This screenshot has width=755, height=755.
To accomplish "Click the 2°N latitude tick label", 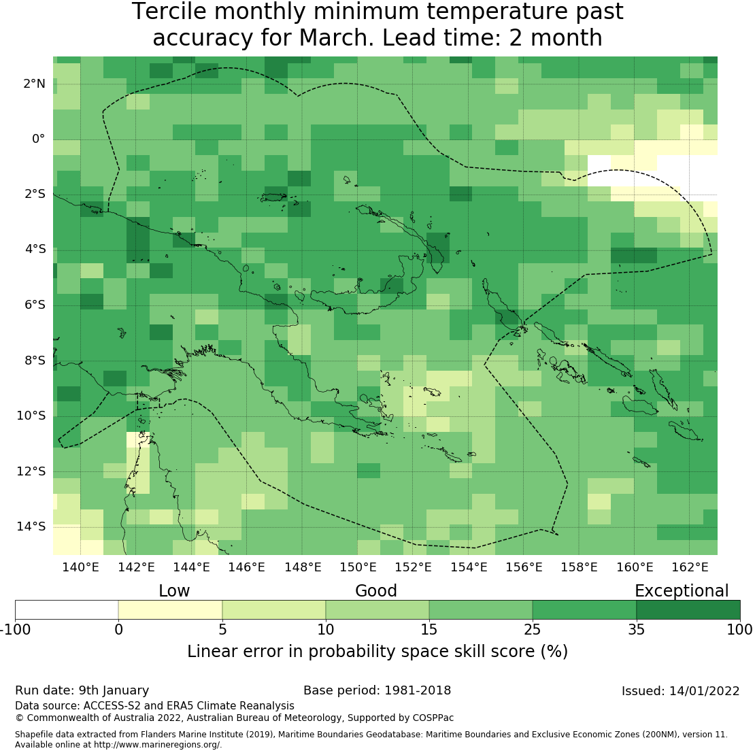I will tap(34, 84).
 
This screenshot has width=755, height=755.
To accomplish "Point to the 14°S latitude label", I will tap(31, 526).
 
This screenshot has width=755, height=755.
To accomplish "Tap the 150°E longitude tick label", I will tap(358, 567).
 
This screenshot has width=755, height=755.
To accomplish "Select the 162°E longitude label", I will tap(690, 567).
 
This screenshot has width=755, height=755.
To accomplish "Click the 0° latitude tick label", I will tap(38, 139).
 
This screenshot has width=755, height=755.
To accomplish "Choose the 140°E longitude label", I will tap(81, 567).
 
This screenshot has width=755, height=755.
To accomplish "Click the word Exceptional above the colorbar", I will tap(682, 591).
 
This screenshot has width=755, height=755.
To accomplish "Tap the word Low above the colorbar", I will tap(174, 591).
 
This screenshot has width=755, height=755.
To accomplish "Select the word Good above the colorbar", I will tap(376, 591).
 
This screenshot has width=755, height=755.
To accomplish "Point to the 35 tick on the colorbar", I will tap(636, 629).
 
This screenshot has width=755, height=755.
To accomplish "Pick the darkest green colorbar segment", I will tap(688, 609).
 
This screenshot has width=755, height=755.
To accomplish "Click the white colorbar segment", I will tap(67, 609).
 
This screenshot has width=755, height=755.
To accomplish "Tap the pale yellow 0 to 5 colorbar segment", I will tap(170, 609).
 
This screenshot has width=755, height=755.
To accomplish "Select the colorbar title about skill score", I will tap(377, 652).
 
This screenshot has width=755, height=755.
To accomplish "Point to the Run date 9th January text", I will tap(82, 691).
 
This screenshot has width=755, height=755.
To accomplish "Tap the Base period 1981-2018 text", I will tap(377, 691).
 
